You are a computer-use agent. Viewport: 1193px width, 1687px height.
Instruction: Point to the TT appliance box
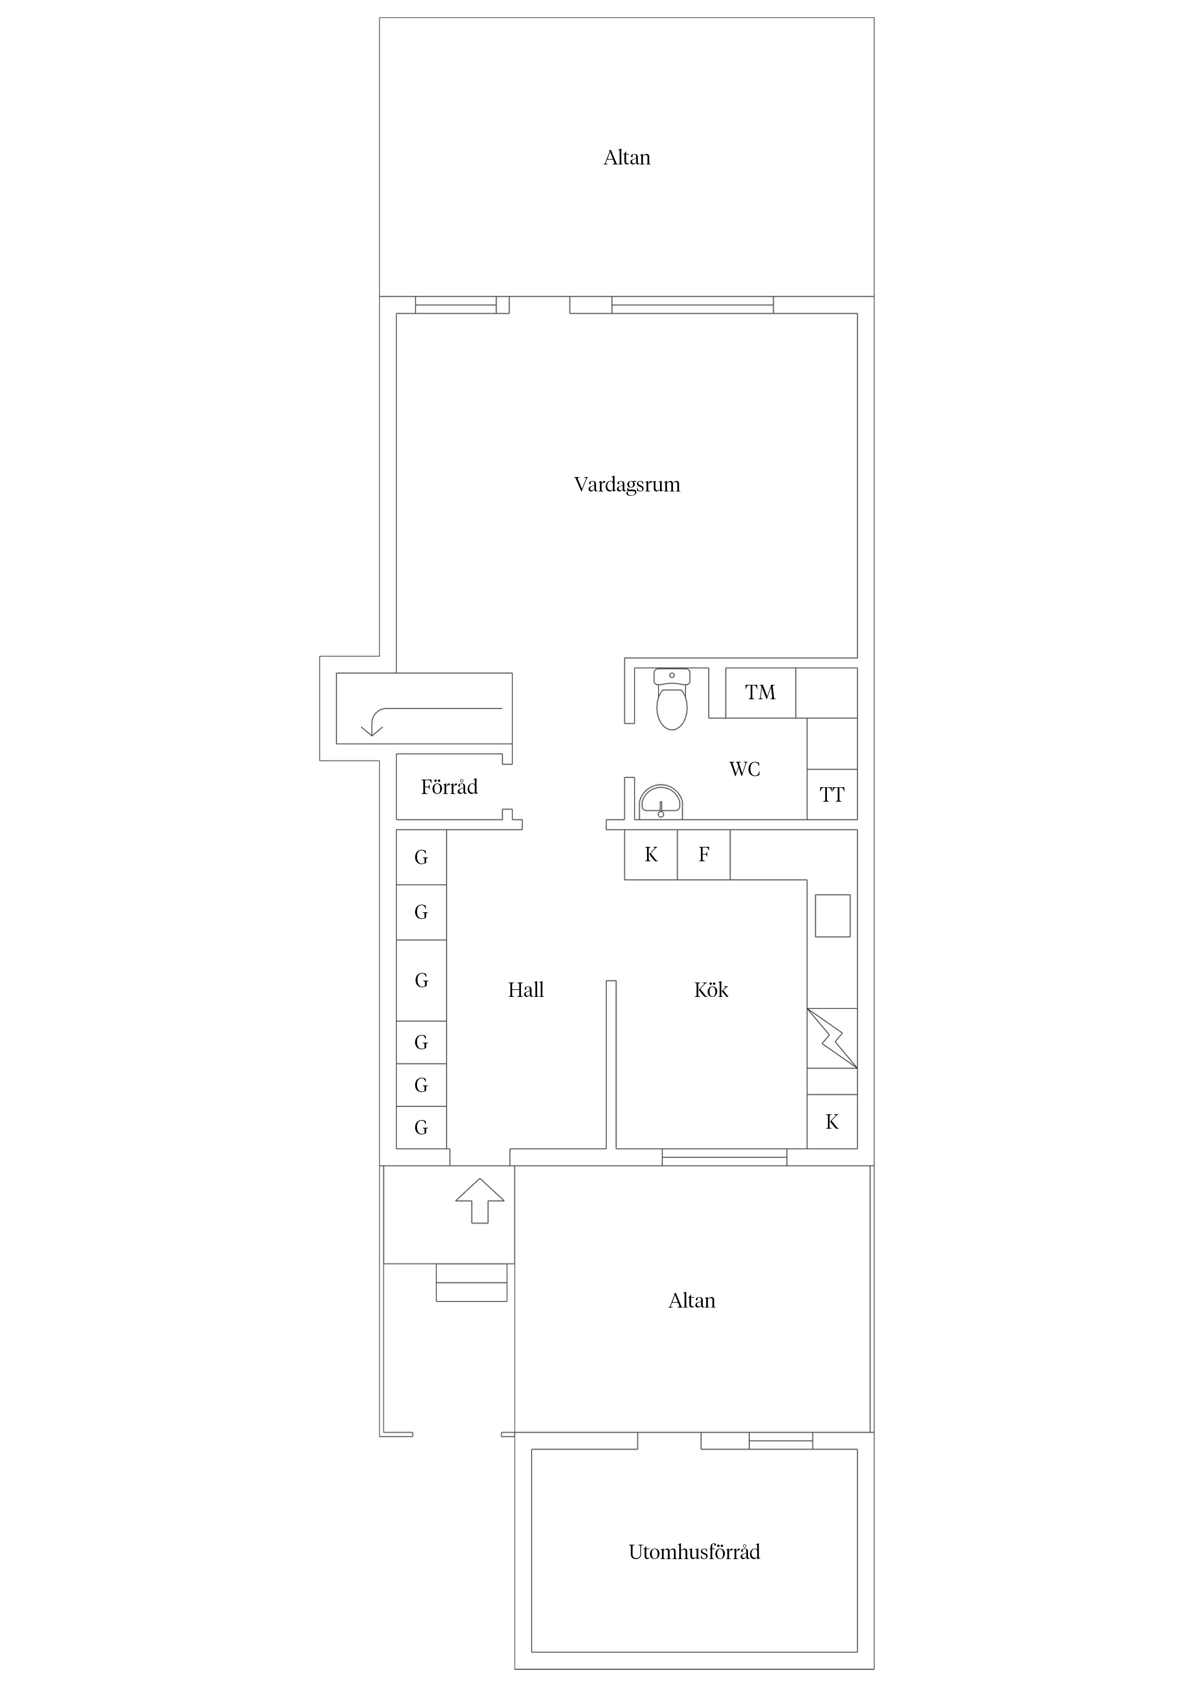click(832, 794)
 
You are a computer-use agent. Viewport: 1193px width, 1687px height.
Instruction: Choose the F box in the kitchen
click(703, 855)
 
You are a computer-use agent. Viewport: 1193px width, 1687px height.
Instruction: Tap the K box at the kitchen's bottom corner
click(832, 1121)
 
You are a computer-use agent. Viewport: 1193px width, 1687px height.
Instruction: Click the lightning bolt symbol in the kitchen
click(832, 1038)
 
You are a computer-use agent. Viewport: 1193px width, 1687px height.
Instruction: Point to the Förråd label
click(449, 787)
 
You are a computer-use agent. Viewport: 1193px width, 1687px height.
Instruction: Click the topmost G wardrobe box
click(421, 857)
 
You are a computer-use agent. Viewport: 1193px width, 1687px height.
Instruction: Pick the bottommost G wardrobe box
click(421, 1127)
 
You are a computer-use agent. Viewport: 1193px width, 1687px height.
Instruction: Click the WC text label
click(745, 769)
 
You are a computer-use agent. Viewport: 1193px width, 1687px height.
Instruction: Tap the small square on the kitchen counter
click(833, 916)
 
